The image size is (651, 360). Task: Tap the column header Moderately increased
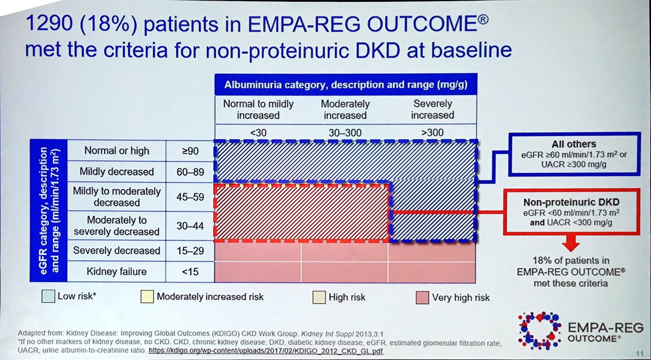coord(345,110)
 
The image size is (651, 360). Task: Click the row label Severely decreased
coord(117,250)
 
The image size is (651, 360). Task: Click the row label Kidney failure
coord(117,271)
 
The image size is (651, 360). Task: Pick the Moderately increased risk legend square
coord(146,297)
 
